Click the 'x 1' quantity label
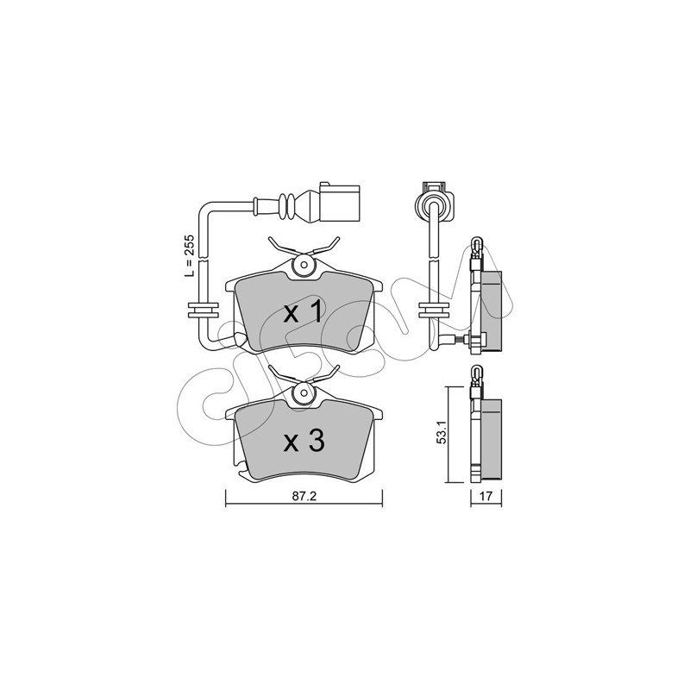coord(304,313)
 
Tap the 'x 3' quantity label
coord(304,441)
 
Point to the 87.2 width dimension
coord(304,496)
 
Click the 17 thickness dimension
coord(486,496)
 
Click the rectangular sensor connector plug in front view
coord(339,202)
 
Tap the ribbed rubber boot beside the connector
coord(287,207)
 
